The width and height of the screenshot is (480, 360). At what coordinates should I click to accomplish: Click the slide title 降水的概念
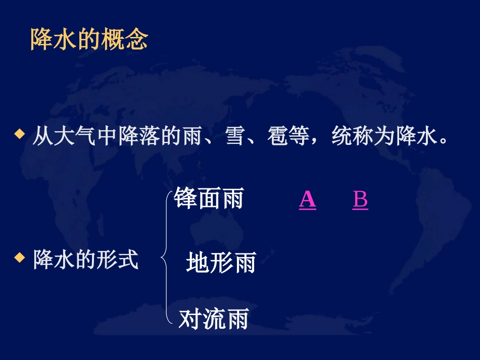pos(89,38)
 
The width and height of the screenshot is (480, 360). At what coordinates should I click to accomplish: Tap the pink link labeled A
pos(307,199)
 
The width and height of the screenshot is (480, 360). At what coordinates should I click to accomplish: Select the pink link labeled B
pos(360,199)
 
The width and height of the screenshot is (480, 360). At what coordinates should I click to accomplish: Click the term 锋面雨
pos(209,198)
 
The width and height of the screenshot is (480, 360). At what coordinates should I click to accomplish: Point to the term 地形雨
pos(221,263)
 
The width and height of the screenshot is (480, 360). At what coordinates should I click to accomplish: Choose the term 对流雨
pos(213,320)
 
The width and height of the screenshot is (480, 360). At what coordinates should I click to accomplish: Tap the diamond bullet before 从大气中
pos(19,134)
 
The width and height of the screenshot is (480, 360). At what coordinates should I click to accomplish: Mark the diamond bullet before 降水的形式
pos(19,258)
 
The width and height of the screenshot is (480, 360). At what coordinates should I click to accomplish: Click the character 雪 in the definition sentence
pos(235,136)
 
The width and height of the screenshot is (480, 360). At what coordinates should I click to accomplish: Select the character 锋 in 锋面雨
pos(185,198)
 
